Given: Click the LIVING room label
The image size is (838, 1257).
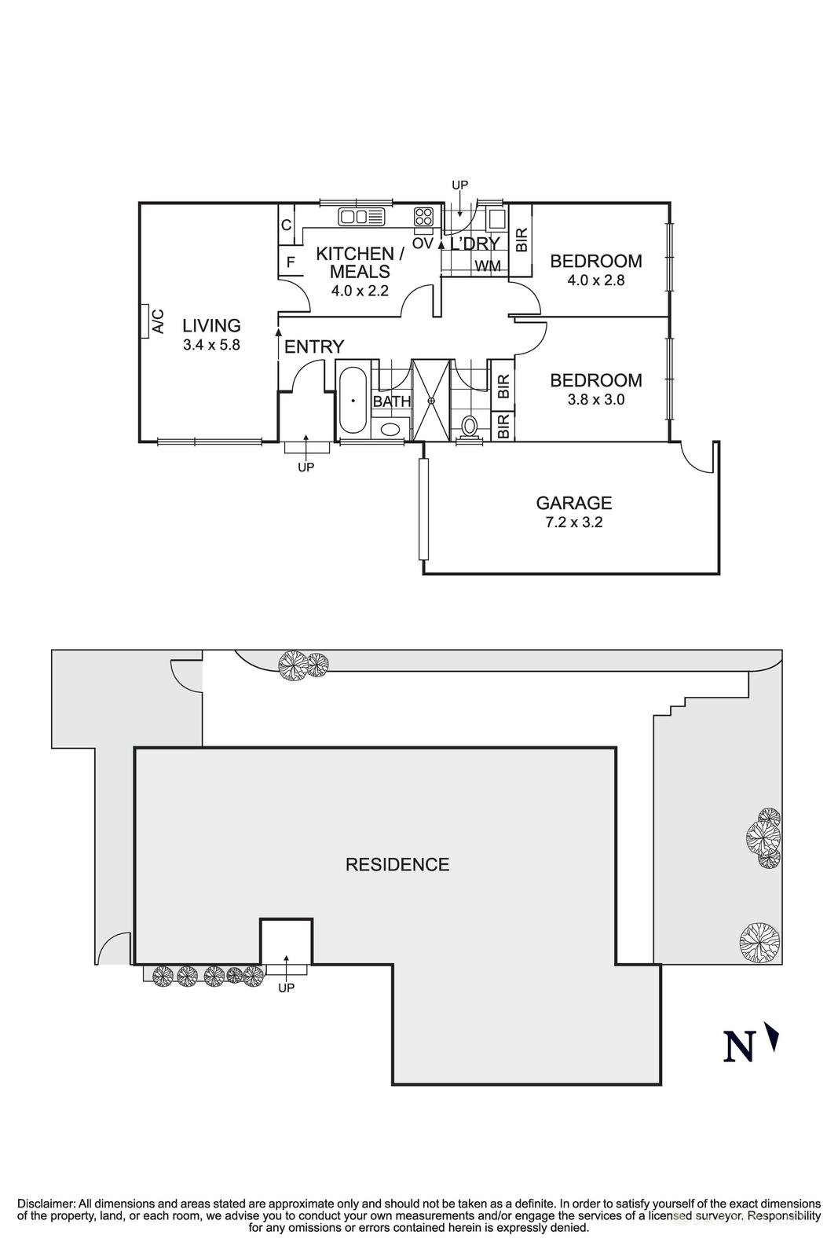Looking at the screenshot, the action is pyautogui.click(x=211, y=325).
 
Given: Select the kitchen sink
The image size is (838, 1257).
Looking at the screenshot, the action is pyautogui.click(x=362, y=216).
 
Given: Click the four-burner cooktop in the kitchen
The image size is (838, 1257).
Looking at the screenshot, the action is pyautogui.click(x=424, y=216).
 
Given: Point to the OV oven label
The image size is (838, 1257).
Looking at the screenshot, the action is pyautogui.click(x=423, y=244).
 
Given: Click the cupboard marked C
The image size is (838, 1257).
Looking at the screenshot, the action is pyautogui.click(x=287, y=225).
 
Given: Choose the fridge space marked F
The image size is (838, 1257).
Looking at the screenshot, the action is pyautogui.click(x=291, y=262).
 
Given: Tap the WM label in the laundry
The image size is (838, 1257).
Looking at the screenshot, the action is pyautogui.click(x=488, y=266).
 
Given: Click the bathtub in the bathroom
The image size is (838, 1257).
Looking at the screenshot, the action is pyautogui.click(x=353, y=400).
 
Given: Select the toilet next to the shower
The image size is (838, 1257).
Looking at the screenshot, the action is pyautogui.click(x=468, y=426).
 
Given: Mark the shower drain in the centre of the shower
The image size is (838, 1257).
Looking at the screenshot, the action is pyautogui.click(x=430, y=401).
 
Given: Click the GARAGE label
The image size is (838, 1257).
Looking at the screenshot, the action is pyautogui.click(x=574, y=503).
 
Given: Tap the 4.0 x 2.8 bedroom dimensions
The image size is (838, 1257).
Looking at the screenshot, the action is pyautogui.click(x=595, y=280).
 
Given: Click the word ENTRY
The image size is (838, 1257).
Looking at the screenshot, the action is pyautogui.click(x=314, y=346).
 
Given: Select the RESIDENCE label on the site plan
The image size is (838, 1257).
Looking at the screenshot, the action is pyautogui.click(x=397, y=864).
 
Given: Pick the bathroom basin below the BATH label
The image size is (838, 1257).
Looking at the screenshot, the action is pyautogui.click(x=390, y=429).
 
